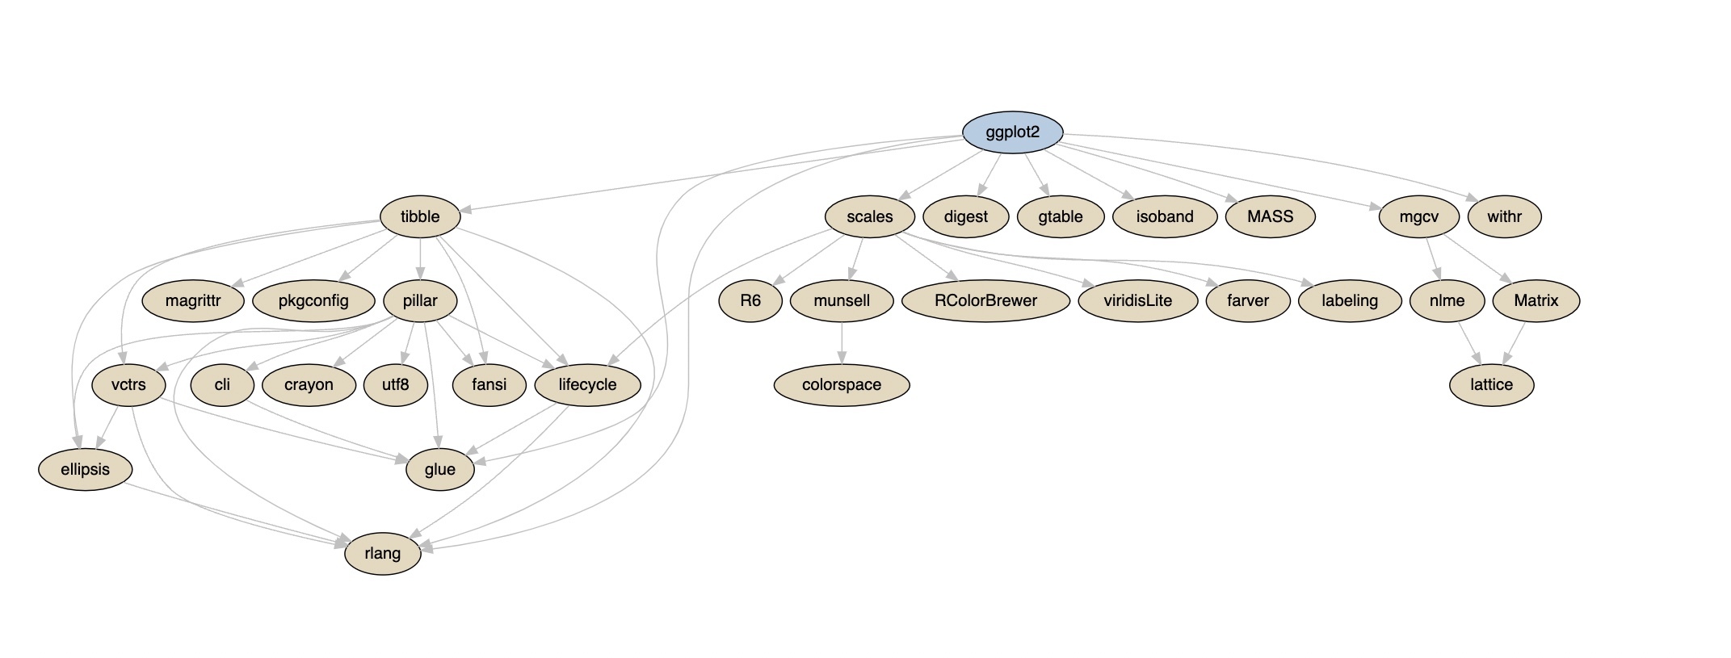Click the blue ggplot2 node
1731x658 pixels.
click(x=1012, y=132)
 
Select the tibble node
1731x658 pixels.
click(x=420, y=216)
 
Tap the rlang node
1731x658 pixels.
click(x=382, y=553)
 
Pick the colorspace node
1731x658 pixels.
click(x=841, y=385)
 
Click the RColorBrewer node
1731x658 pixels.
click(x=985, y=301)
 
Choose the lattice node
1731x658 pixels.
click(x=1491, y=385)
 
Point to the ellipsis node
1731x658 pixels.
click(x=85, y=469)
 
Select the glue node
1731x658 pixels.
click(x=439, y=469)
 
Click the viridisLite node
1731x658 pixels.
click(x=1137, y=301)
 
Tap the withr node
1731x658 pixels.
click(x=1504, y=216)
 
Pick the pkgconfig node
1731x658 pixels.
click(x=313, y=301)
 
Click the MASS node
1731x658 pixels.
click(x=1270, y=216)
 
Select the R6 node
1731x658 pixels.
click(x=750, y=301)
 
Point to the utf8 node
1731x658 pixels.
click(x=395, y=385)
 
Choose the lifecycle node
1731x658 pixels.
click(x=587, y=385)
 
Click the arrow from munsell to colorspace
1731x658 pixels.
click(x=842, y=343)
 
